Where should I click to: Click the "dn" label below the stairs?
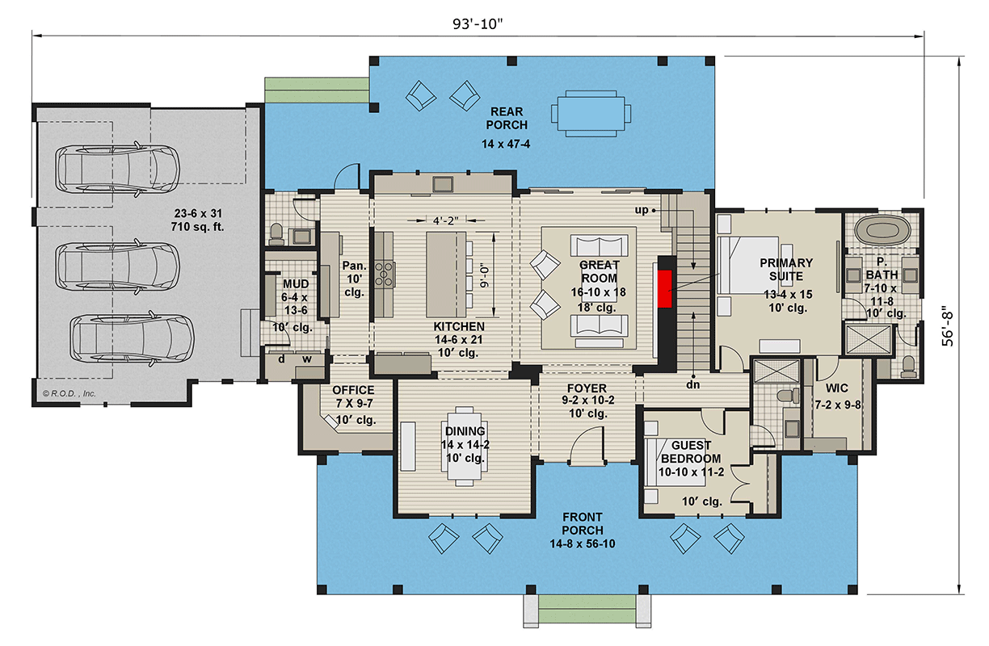(x=692, y=384)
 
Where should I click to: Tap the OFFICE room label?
(x=354, y=391)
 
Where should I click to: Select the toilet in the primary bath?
(x=908, y=366)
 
